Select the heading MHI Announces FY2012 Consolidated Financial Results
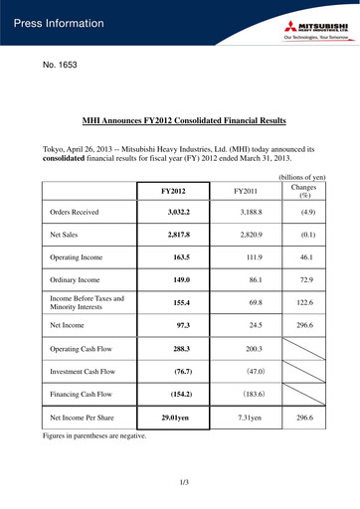[x=179, y=117]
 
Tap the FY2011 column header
[x=250, y=189]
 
